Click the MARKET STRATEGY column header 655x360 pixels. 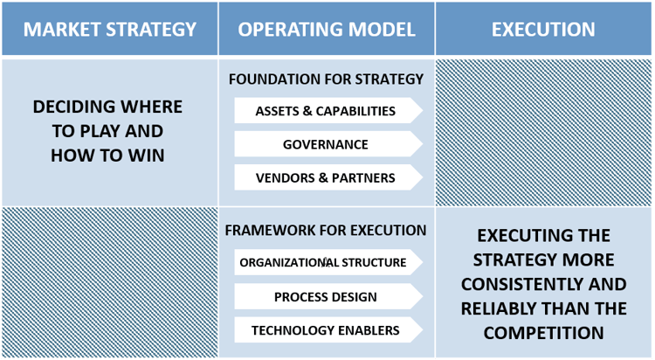[x=109, y=29]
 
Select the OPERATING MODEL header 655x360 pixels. [x=327, y=29]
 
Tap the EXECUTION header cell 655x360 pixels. [x=543, y=29]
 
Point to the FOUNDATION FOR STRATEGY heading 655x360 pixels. [x=326, y=80]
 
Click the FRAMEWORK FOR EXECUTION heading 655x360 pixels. [x=326, y=231]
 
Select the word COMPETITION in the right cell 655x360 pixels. [x=543, y=333]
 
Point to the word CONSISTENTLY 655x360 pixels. [x=543, y=284]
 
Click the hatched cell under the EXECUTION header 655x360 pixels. [x=543, y=131]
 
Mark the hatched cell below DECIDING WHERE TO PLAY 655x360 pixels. [x=109, y=281]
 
